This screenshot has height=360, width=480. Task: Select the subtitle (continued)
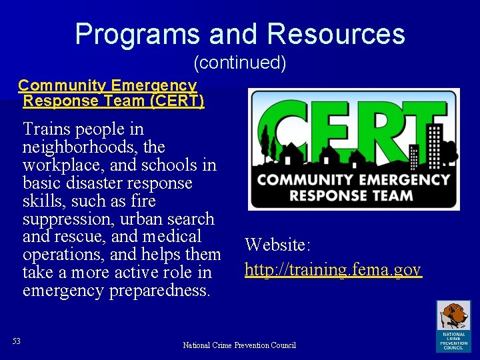coord(240,63)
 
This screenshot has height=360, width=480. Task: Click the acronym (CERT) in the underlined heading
coord(177,101)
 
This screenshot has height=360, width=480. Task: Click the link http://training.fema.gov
coord(333,269)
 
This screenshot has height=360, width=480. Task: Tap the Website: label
coord(277,245)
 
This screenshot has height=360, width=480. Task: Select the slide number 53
coord(17,341)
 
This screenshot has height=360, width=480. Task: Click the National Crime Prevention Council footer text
coord(239,345)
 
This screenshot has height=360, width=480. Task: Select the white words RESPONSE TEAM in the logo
coord(354,195)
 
